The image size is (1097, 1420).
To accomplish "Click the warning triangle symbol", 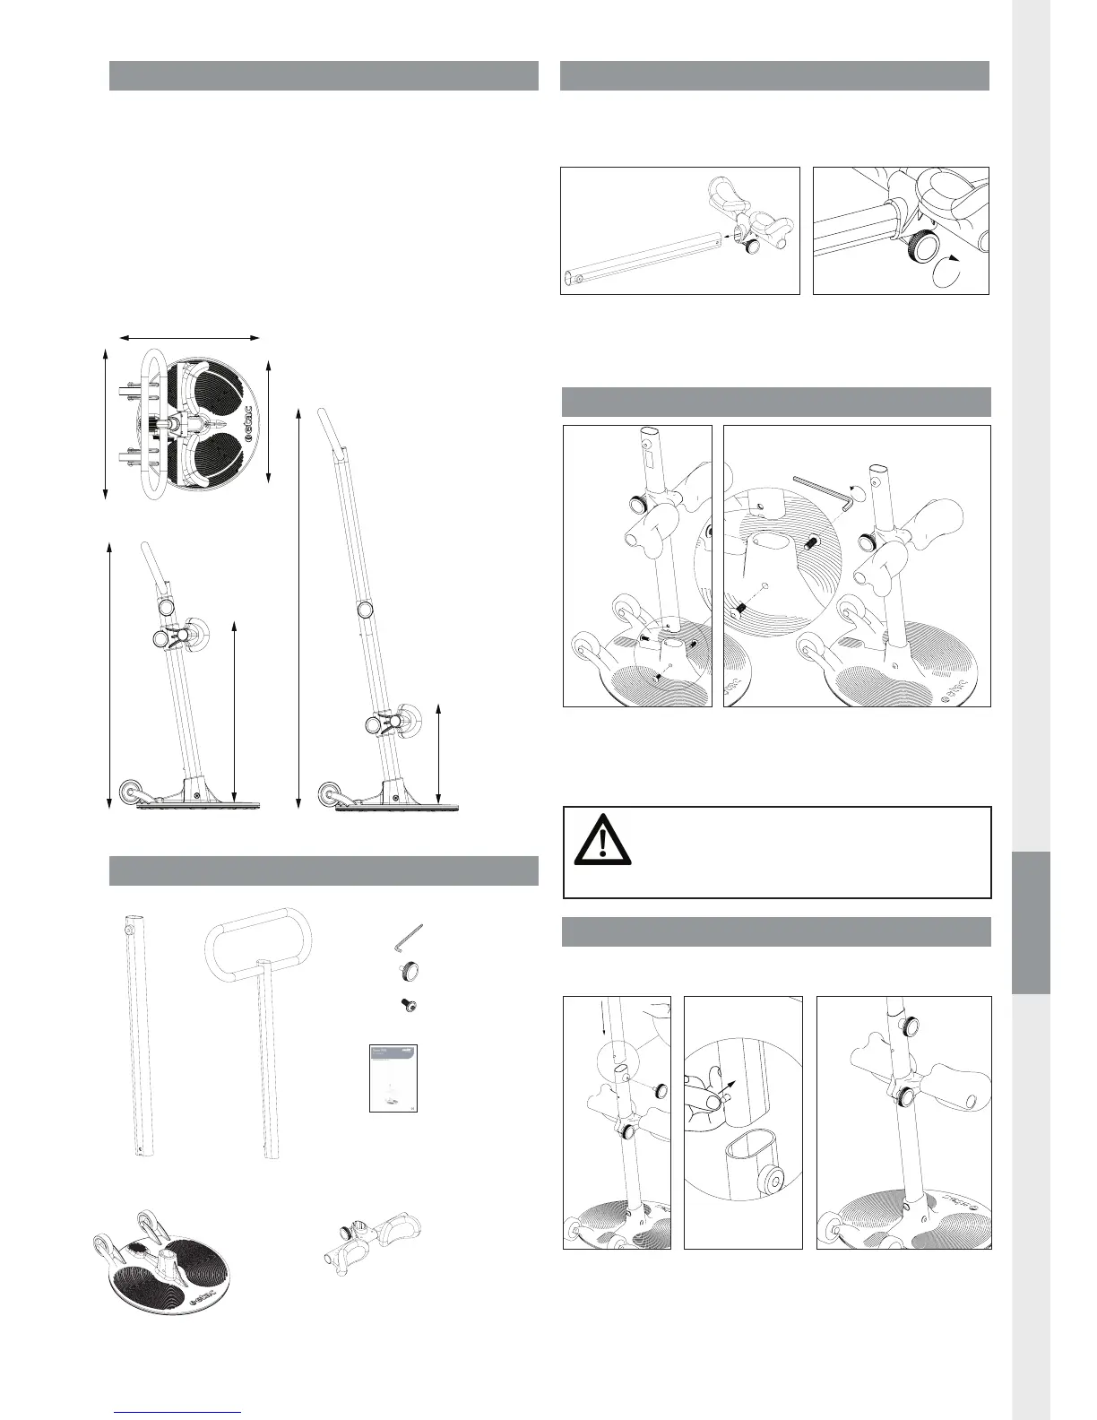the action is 602,837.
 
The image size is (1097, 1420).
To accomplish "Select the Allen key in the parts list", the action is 408,939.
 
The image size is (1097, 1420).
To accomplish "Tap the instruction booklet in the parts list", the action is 395,1078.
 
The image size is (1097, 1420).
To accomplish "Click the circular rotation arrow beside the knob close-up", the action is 946,271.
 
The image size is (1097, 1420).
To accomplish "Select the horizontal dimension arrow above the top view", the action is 190,338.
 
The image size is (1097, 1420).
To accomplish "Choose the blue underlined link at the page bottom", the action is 178,1412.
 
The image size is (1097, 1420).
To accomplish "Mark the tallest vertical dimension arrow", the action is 298,606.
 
